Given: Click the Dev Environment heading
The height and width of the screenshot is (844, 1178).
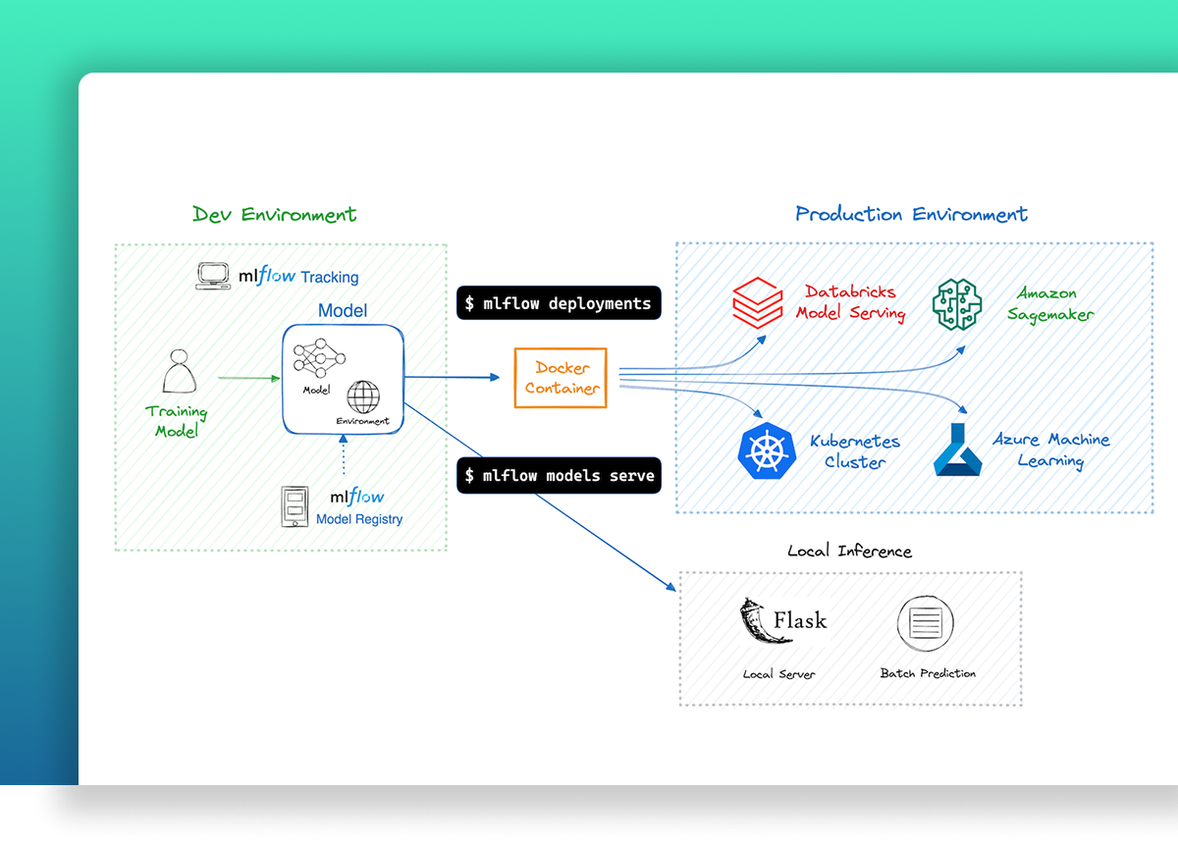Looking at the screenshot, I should coord(274,214).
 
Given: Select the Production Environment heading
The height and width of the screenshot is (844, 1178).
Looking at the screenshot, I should coord(911,214).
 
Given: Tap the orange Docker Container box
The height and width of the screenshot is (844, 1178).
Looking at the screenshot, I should coord(562,378).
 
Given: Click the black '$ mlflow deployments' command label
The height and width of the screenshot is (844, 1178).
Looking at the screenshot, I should coord(559,303).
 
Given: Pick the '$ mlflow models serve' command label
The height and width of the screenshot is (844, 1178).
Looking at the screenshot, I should coord(559,476).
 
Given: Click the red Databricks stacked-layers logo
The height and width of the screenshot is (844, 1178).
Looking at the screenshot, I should coord(758,302).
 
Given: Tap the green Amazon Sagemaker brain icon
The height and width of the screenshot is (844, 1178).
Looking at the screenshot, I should coord(956,302).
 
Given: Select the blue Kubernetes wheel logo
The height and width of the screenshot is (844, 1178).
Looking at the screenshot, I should coord(767,449).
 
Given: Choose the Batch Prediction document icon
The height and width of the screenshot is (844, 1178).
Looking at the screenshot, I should coord(926,622).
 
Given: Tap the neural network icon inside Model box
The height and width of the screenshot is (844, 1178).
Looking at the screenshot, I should coord(318,359).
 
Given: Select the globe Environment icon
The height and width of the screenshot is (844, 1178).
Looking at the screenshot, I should coord(362,397).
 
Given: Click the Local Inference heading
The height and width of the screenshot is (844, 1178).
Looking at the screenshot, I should coord(849,551).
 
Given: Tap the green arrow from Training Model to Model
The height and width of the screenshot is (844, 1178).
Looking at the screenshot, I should coord(248,377).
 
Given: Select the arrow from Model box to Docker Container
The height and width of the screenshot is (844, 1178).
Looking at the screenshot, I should coord(453,377).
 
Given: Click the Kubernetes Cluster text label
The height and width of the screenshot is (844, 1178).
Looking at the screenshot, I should coord(854,451).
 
